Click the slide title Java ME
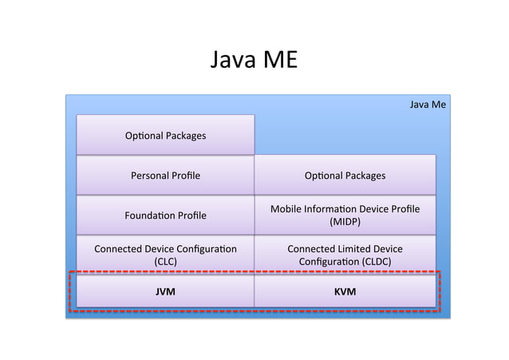pos(254,60)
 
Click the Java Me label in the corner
pos(427,105)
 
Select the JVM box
pos(165,292)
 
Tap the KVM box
pos(345,292)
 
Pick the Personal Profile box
pos(165,176)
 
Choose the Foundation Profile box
pos(165,216)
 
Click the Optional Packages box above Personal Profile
pos(165,136)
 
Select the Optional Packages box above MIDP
pos(345,176)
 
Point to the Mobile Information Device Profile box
pos(345,216)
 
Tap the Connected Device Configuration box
pos(165,255)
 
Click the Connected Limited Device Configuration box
pos(345,255)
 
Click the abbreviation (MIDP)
pos(345,223)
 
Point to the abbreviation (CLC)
pos(165,261)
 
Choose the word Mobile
pos(286,209)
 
